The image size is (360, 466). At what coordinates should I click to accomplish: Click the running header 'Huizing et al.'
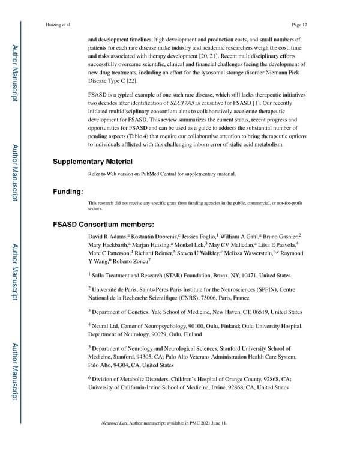[58, 25]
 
